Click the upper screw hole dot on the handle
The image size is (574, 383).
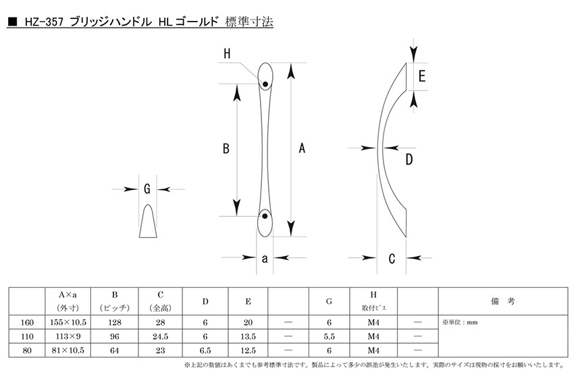[x=265, y=84]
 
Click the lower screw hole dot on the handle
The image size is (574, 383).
[x=265, y=216]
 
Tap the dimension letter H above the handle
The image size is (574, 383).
[x=227, y=54]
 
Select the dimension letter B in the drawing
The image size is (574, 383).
[x=226, y=149]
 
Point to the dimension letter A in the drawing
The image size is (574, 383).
[x=302, y=148]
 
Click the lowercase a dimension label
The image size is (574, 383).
[x=265, y=259]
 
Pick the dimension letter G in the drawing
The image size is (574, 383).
[x=147, y=189]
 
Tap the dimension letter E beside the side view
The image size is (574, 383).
[x=421, y=76]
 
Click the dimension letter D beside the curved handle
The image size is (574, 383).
[x=409, y=159]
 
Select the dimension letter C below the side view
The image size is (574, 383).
[x=392, y=259]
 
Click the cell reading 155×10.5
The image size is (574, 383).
[x=68, y=322]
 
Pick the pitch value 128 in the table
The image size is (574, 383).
[x=115, y=322]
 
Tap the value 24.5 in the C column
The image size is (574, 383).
[x=160, y=336]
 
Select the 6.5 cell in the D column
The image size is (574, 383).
[x=205, y=351]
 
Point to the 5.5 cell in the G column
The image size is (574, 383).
[x=329, y=336]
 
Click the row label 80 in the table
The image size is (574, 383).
[x=27, y=351]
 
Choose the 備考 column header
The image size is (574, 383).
[x=503, y=301]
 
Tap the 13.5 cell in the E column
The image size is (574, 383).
[x=249, y=336]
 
